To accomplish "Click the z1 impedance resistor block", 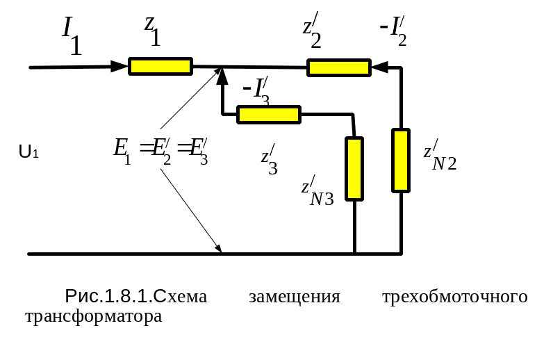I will click(160, 66).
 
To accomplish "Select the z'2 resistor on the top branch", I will click(338, 67).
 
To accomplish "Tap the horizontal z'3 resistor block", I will click(268, 115).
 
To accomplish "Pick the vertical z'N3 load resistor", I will click(354, 168).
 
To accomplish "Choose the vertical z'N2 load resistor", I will click(401, 159).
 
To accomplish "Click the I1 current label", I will click(72, 35).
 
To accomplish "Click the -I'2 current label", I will click(393, 31).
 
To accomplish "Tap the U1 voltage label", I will click(28, 151).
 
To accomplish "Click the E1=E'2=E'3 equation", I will click(160, 149).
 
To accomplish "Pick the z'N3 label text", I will click(317, 194).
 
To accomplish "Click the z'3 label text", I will click(270, 160).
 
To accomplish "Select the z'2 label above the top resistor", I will click(312, 32).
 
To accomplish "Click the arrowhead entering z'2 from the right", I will click(377, 67).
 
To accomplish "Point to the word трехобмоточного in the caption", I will click(455, 297).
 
